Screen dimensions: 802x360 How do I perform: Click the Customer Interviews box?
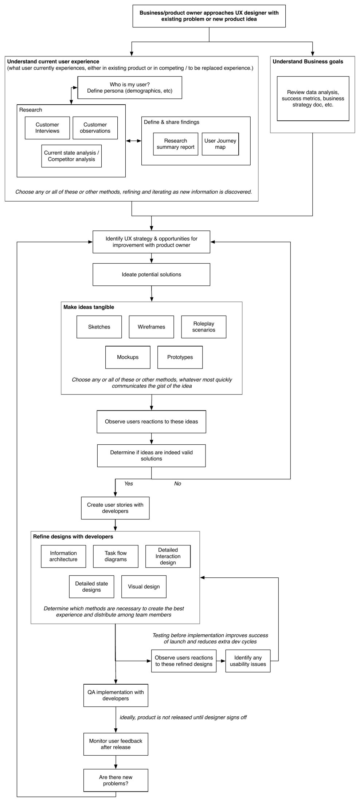47,128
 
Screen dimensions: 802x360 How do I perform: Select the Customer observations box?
95,128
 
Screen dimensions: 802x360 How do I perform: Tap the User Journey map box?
220,144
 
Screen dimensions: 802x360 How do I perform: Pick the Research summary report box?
176,144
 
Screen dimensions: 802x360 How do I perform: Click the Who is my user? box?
130,87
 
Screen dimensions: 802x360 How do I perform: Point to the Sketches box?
99,327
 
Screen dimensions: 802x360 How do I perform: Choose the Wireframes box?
151,327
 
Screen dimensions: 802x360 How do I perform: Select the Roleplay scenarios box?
204,327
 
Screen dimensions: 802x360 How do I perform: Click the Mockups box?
128,357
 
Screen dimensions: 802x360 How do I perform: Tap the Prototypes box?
180,357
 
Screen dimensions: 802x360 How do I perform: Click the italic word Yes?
129,484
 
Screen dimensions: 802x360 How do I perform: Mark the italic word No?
177,484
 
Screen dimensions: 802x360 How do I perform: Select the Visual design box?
144,587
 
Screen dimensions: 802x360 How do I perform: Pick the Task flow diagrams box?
116,557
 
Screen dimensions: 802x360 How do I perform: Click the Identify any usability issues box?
248,661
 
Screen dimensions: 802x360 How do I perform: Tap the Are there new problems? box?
116,780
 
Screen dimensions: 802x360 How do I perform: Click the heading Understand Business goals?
308,62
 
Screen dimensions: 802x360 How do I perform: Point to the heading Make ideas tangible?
89,307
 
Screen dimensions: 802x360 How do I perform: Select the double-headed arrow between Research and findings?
133,141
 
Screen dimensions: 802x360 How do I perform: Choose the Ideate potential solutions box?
151,275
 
